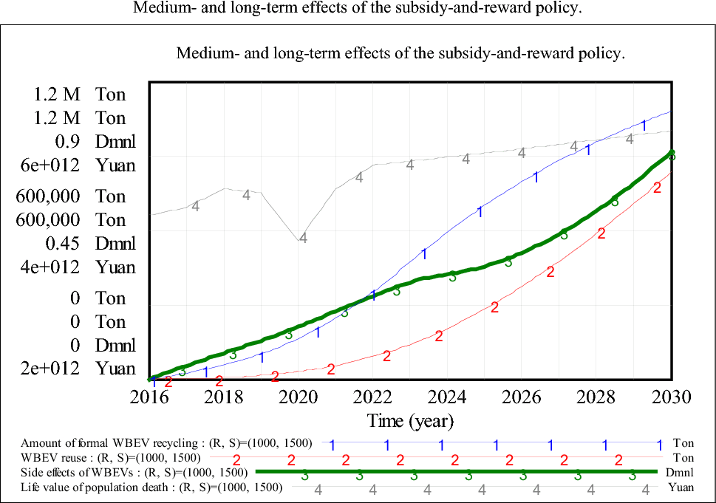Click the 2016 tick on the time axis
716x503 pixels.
point(150,397)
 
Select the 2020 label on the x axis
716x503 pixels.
point(299,397)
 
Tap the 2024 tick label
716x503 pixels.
point(448,397)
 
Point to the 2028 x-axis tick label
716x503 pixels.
point(597,397)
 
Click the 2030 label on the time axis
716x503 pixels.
point(671,397)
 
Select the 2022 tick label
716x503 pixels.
point(373,397)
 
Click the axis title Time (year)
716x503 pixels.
point(410,421)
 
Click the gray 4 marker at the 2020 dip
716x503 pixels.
point(303,237)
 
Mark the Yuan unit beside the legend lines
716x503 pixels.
point(681,487)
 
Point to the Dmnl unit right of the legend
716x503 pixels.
point(679,473)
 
